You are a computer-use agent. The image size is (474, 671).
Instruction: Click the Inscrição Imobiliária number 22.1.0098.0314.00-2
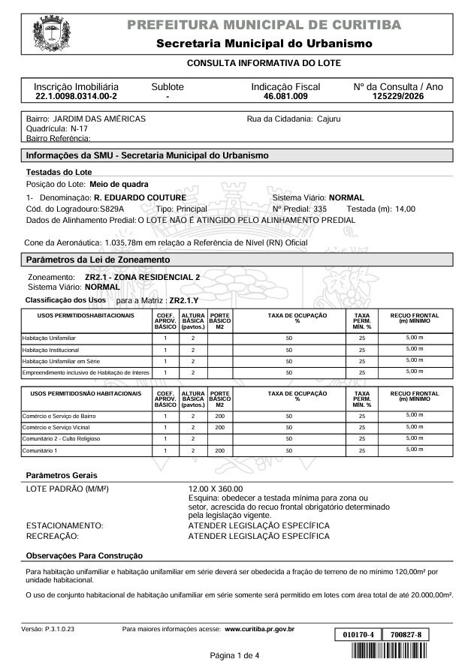click(76, 98)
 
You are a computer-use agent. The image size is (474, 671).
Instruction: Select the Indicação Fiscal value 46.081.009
click(285, 98)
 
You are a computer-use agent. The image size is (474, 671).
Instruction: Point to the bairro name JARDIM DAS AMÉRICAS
click(98, 119)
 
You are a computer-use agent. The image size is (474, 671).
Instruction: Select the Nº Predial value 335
click(320, 209)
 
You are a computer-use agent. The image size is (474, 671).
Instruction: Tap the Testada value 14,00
click(405, 209)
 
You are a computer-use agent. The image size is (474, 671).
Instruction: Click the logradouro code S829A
click(112, 209)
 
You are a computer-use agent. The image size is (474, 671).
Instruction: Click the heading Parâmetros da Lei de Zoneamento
click(98, 260)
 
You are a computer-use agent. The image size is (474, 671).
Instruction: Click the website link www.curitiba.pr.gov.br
click(259, 629)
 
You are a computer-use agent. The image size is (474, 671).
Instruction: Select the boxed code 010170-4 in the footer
click(357, 635)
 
